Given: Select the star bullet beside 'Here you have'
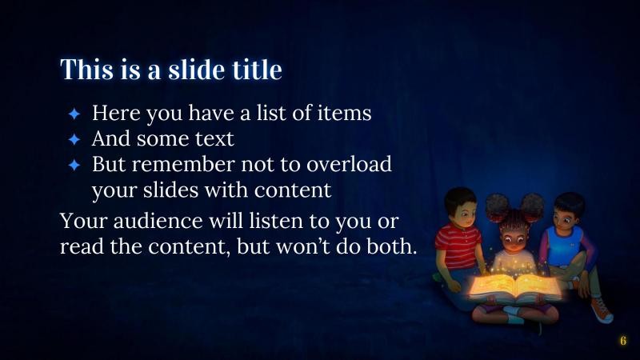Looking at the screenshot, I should coord(74,114).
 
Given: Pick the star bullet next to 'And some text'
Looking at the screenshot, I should coord(74,139).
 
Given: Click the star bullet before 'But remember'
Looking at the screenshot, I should coord(74,165).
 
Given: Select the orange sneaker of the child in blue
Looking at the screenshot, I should coord(601,310).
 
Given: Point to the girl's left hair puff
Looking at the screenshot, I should coord(494,206).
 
